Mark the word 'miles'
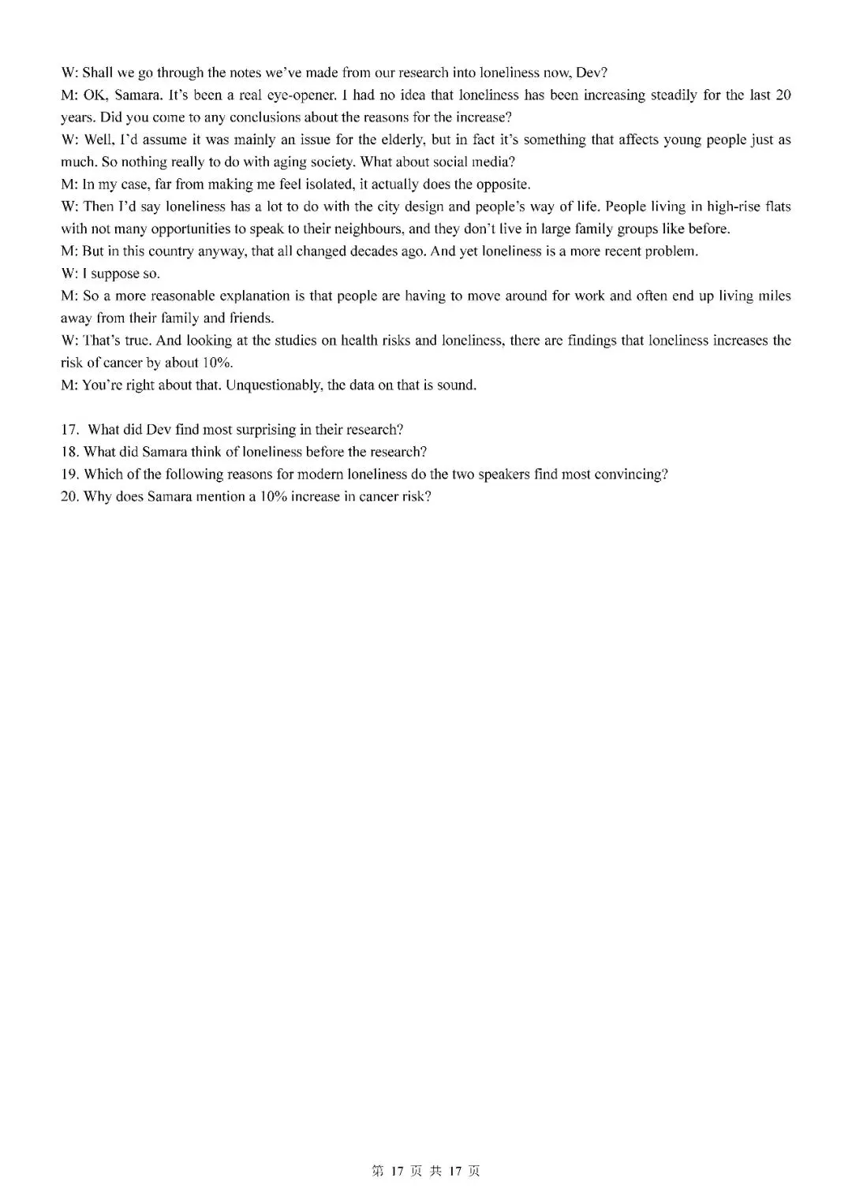coord(774,296)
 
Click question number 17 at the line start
coord(70,430)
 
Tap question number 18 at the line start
coord(70,452)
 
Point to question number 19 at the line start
coord(70,474)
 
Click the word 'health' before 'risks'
coord(349,341)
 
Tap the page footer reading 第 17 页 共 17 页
coord(425,1171)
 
